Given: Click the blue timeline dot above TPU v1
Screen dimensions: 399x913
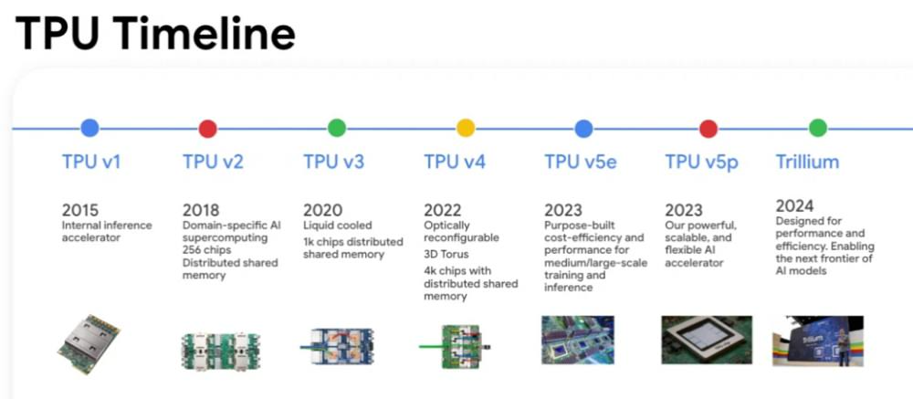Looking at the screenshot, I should click(89, 129).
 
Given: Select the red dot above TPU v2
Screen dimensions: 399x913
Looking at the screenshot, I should click(208, 129).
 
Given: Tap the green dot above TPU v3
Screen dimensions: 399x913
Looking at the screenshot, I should click(337, 129).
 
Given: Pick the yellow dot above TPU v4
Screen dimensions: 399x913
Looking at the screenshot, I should click(466, 129).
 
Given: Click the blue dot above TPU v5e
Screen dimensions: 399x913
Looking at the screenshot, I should click(584, 129).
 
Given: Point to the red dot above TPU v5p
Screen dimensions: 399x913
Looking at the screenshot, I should click(708, 129).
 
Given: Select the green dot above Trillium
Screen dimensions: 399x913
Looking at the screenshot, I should click(818, 129).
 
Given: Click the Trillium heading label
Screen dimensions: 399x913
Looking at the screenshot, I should click(807, 163).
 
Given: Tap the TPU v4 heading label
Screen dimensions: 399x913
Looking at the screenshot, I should click(455, 163).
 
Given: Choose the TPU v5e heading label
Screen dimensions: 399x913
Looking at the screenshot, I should click(581, 163).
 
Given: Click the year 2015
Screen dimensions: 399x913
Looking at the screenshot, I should click(80, 210).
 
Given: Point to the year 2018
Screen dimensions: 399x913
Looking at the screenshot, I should click(201, 210).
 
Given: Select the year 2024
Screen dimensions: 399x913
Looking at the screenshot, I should click(794, 205).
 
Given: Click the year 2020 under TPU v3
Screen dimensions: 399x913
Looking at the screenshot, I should click(322, 210).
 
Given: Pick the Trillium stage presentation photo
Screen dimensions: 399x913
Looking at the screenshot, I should click(817, 341).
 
